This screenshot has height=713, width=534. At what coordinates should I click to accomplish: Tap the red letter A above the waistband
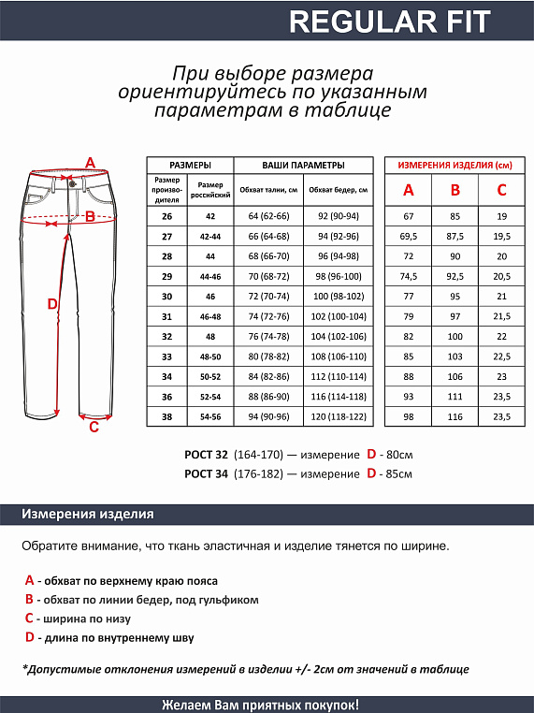(90, 163)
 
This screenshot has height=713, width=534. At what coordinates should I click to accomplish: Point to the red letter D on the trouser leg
(52, 304)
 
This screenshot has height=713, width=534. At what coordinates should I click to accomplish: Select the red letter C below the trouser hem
(94, 428)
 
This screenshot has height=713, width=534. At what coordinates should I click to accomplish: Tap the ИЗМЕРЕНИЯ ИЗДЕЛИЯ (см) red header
(455, 165)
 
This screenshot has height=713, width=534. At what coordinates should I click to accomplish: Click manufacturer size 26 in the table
(167, 216)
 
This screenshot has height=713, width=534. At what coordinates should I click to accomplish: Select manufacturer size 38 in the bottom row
(167, 417)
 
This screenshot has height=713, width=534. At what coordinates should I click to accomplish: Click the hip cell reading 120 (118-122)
(338, 417)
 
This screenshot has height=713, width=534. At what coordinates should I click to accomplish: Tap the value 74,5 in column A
(409, 276)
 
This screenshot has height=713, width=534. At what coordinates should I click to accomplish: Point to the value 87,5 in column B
(455, 236)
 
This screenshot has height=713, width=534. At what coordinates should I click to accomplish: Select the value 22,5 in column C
(501, 356)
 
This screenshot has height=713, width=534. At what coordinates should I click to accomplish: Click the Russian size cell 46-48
(209, 316)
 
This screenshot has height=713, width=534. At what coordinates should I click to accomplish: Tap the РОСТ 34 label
(207, 474)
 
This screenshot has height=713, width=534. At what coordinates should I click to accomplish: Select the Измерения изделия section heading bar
(89, 515)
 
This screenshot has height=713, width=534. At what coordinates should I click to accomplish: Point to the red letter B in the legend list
(30, 600)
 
